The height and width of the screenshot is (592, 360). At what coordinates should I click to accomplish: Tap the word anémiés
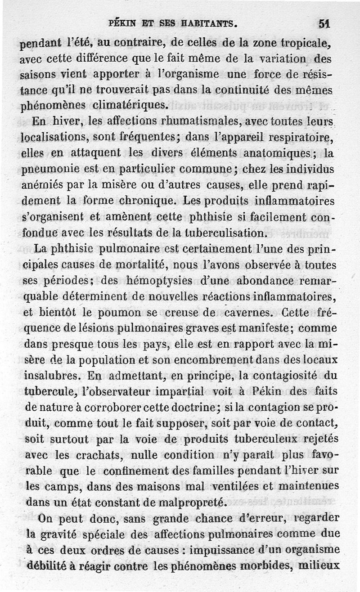(41, 185)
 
